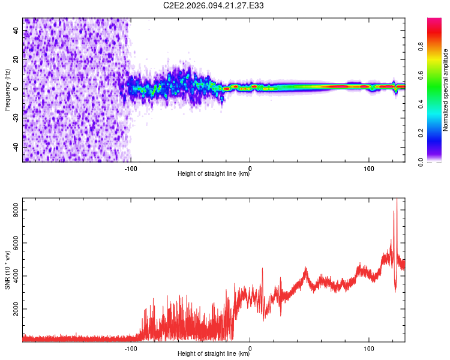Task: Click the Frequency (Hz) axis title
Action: [7, 90]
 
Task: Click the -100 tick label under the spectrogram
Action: [131, 168]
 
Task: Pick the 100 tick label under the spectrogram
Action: [368, 168]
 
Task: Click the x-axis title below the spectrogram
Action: [214, 175]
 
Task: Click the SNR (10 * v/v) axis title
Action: [7, 270]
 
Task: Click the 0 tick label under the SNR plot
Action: [250, 348]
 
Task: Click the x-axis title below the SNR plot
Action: [214, 355]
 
